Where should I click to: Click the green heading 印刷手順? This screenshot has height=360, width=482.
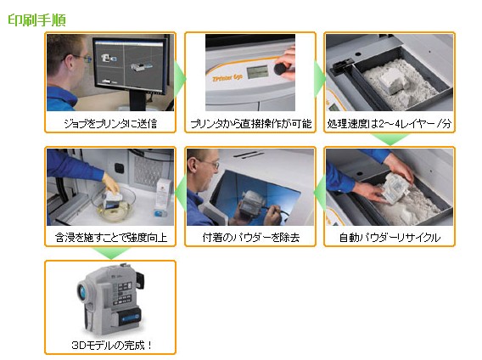pyautogui.click(x=36, y=20)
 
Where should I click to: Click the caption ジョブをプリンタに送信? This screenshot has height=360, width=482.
pyautogui.click(x=110, y=123)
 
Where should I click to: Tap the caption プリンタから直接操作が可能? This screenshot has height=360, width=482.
pyautogui.click(x=250, y=123)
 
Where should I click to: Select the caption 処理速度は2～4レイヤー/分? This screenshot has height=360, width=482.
pyautogui.click(x=390, y=123)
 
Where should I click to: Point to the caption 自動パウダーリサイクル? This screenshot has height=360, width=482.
pyautogui.click(x=390, y=237)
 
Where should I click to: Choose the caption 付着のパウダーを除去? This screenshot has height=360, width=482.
pyautogui.click(x=250, y=237)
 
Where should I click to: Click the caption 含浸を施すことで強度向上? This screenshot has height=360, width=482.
pyautogui.click(x=110, y=237)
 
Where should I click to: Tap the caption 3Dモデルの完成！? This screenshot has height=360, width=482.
pyautogui.click(x=111, y=345)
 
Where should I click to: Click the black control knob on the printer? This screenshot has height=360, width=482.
pyautogui.click(x=280, y=68)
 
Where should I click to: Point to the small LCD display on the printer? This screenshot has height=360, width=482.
pyautogui.click(x=257, y=71)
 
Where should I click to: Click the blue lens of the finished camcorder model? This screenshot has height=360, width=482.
pyautogui.click(x=82, y=290)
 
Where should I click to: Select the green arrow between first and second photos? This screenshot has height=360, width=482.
pyautogui.click(x=180, y=79)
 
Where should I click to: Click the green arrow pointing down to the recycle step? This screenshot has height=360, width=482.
pyautogui.click(x=390, y=139)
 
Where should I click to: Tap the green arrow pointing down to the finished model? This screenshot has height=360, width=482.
pyautogui.click(x=111, y=253)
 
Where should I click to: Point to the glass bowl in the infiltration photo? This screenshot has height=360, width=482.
pyautogui.click(x=114, y=202)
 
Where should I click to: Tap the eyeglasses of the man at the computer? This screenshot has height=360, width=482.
pyautogui.click(x=79, y=57)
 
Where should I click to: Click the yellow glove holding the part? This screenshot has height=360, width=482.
pyautogui.click(x=110, y=183)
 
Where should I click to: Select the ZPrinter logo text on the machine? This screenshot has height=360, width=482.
pyautogui.click(x=227, y=77)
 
